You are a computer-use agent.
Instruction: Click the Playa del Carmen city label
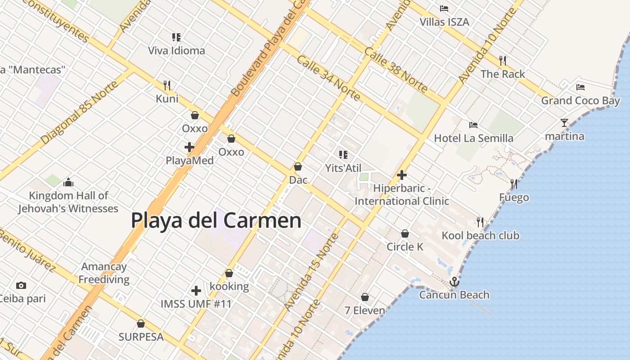coord(216,220)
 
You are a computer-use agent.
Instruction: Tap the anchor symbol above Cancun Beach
coord(454,282)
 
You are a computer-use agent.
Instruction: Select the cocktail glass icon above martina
coord(564,122)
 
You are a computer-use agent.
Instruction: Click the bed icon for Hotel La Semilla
coord(473,125)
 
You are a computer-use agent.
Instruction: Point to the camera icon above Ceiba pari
coord(21,285)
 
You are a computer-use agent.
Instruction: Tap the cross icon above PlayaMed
coord(189,147)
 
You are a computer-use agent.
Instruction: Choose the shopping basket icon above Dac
coord(297,166)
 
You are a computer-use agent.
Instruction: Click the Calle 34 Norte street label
coord(328,78)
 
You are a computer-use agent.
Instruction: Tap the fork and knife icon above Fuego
coord(514,184)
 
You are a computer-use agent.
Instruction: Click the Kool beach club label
coord(480,235)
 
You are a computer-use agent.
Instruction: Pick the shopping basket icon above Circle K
coord(405,234)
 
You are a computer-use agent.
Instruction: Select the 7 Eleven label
coord(364,310)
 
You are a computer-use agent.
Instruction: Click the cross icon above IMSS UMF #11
coord(196,291)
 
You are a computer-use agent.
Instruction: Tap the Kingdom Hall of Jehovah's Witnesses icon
coord(68,182)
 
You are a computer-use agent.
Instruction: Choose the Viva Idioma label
coord(176,50)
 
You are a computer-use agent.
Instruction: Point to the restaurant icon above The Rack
coord(503,60)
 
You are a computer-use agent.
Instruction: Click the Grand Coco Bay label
coord(580,100)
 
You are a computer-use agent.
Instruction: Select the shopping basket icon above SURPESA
coord(141,324)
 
